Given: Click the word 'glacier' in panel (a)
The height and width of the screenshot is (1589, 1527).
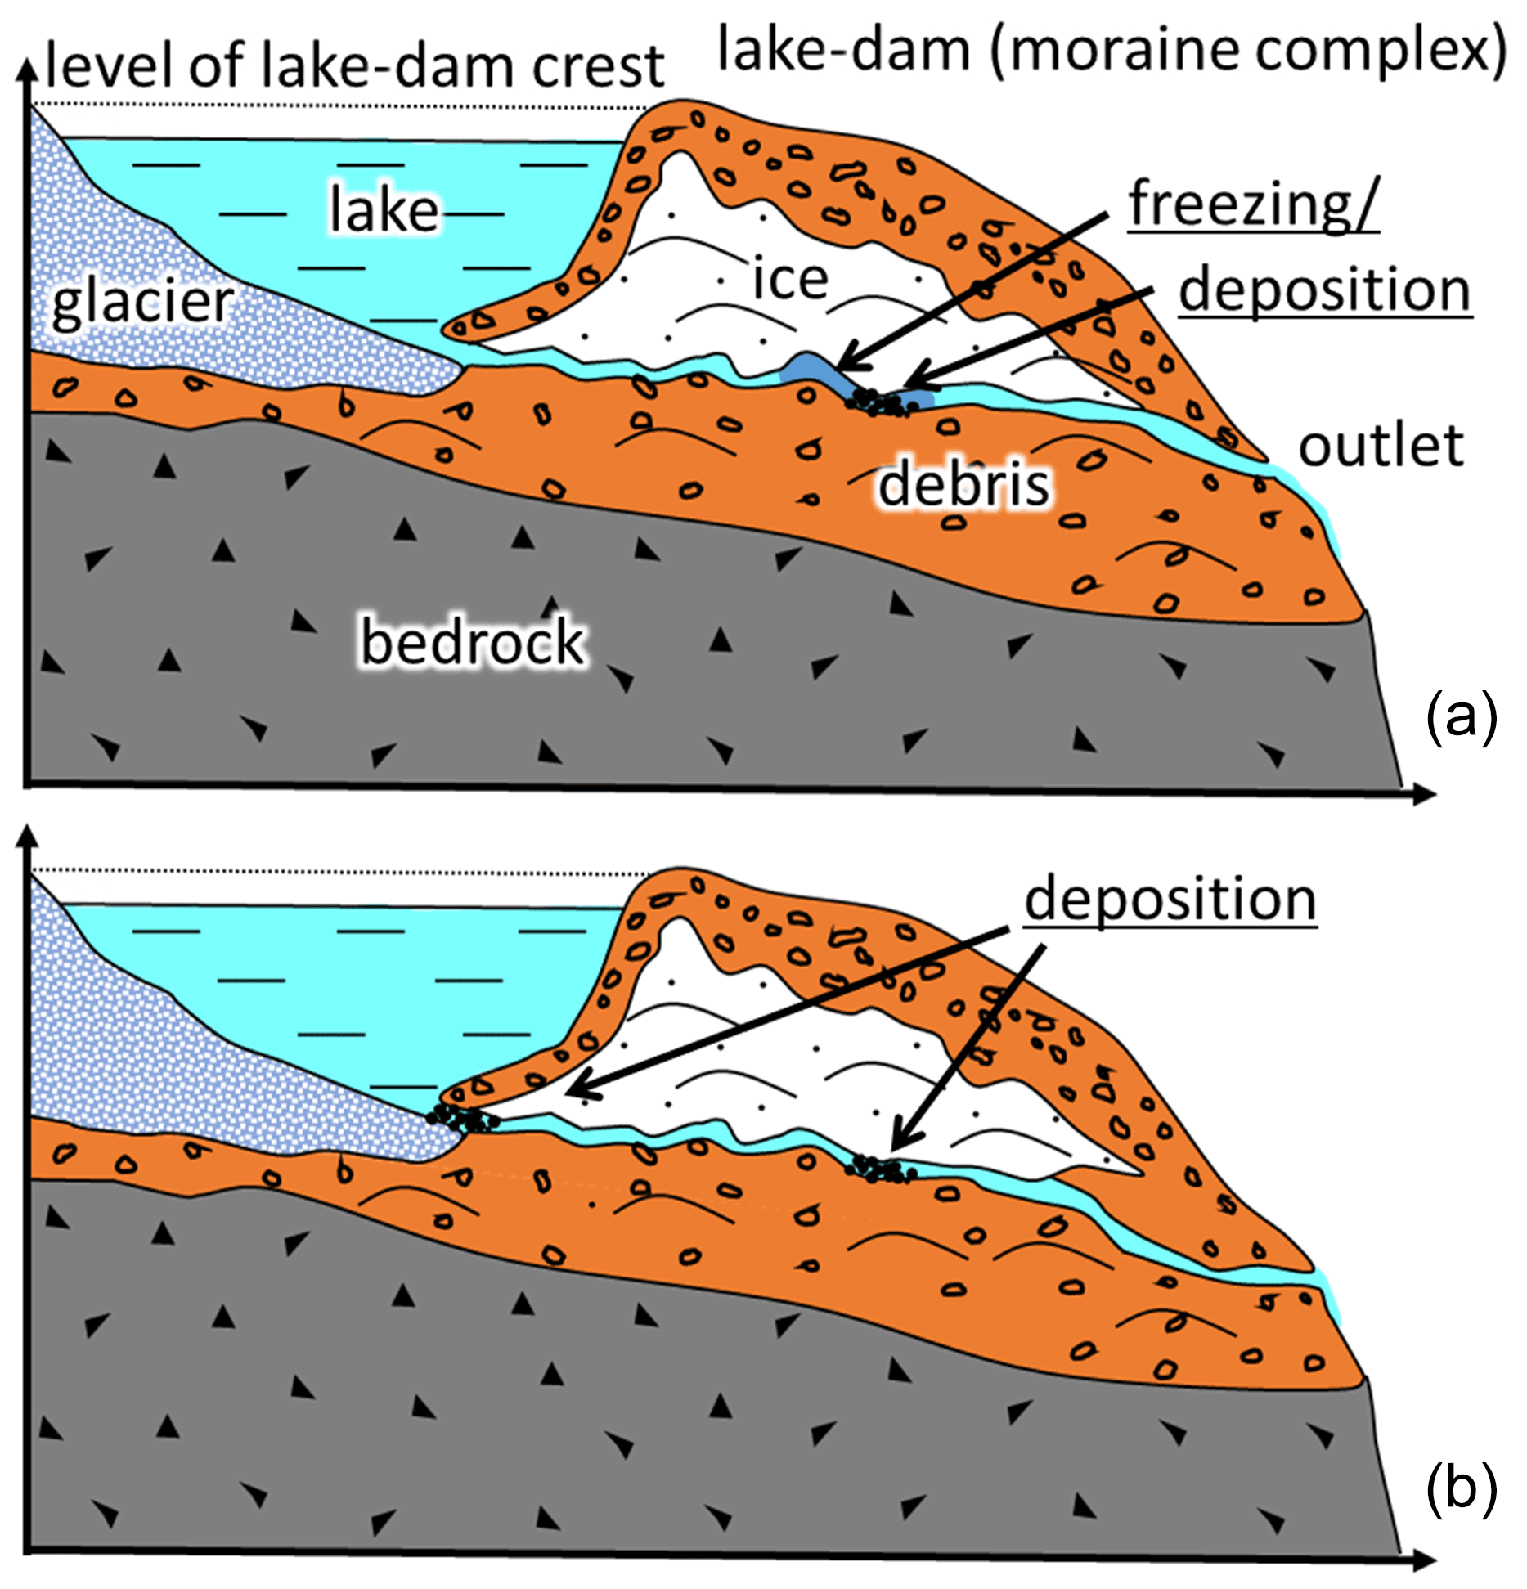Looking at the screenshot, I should (x=142, y=303).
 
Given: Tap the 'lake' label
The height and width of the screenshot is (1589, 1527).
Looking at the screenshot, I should (x=384, y=210).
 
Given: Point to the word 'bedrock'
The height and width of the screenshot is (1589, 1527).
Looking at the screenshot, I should (x=472, y=642).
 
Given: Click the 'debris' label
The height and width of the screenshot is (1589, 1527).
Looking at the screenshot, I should (x=963, y=483).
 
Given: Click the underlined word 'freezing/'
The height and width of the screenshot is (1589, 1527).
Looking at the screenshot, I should (x=1253, y=204).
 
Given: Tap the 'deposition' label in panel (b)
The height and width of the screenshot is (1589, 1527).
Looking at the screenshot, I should (x=1170, y=899).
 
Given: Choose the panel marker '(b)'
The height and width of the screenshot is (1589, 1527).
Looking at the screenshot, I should (x=1461, y=1488).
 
